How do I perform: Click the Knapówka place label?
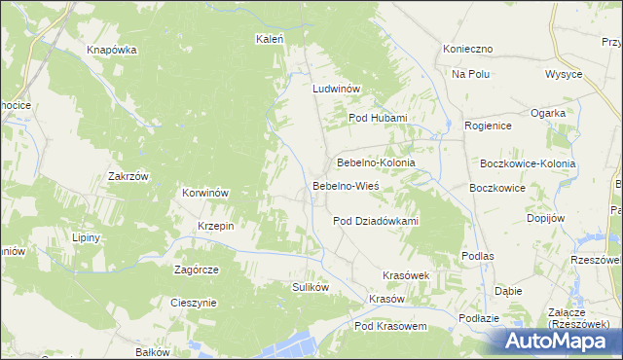point(111,50)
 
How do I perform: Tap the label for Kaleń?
point(269,40)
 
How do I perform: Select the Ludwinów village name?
point(337,89)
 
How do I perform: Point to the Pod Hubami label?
point(378,119)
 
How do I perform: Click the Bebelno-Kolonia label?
point(376,162)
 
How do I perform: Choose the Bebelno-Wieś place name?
point(346,185)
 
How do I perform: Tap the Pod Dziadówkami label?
point(376,221)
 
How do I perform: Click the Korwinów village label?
point(205,193)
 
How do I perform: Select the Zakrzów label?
point(128,177)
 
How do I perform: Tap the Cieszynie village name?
point(193,303)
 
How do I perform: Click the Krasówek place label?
point(407,275)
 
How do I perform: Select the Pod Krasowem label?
point(390,327)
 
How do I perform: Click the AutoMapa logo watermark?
point(557,341)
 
